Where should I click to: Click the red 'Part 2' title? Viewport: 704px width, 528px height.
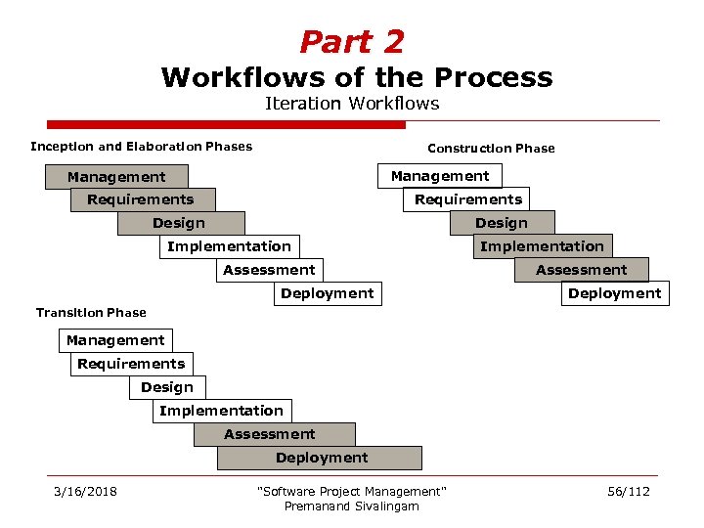(x=351, y=42)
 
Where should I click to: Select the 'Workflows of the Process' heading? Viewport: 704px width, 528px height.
(x=357, y=77)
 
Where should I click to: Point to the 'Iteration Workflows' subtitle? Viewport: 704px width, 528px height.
(x=352, y=104)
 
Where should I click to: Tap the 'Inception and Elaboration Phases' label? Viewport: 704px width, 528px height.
(x=141, y=147)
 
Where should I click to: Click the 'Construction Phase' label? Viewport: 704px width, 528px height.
(x=491, y=149)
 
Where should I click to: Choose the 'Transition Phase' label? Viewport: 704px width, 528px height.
(x=91, y=313)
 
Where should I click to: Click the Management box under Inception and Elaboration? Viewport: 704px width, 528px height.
(x=116, y=177)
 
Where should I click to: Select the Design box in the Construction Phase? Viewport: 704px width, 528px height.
(x=501, y=223)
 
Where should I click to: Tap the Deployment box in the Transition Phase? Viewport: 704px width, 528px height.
(x=321, y=458)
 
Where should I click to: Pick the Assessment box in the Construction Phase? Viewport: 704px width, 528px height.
(x=581, y=270)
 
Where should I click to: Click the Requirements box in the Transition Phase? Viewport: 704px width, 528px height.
(x=131, y=364)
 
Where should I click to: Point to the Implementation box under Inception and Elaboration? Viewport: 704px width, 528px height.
(x=229, y=246)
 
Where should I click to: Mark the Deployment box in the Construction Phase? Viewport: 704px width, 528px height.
(x=614, y=293)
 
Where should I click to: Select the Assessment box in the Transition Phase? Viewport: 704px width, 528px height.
(x=269, y=434)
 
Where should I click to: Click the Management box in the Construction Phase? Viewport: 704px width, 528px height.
(x=439, y=176)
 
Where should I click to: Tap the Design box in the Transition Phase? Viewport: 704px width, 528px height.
(x=166, y=387)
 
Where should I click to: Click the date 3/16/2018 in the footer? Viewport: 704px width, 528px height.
(x=85, y=491)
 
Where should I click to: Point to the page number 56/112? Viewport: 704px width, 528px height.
(x=628, y=491)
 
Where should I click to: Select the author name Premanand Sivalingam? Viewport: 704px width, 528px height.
(x=351, y=506)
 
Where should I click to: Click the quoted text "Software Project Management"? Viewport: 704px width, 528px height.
(x=351, y=491)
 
